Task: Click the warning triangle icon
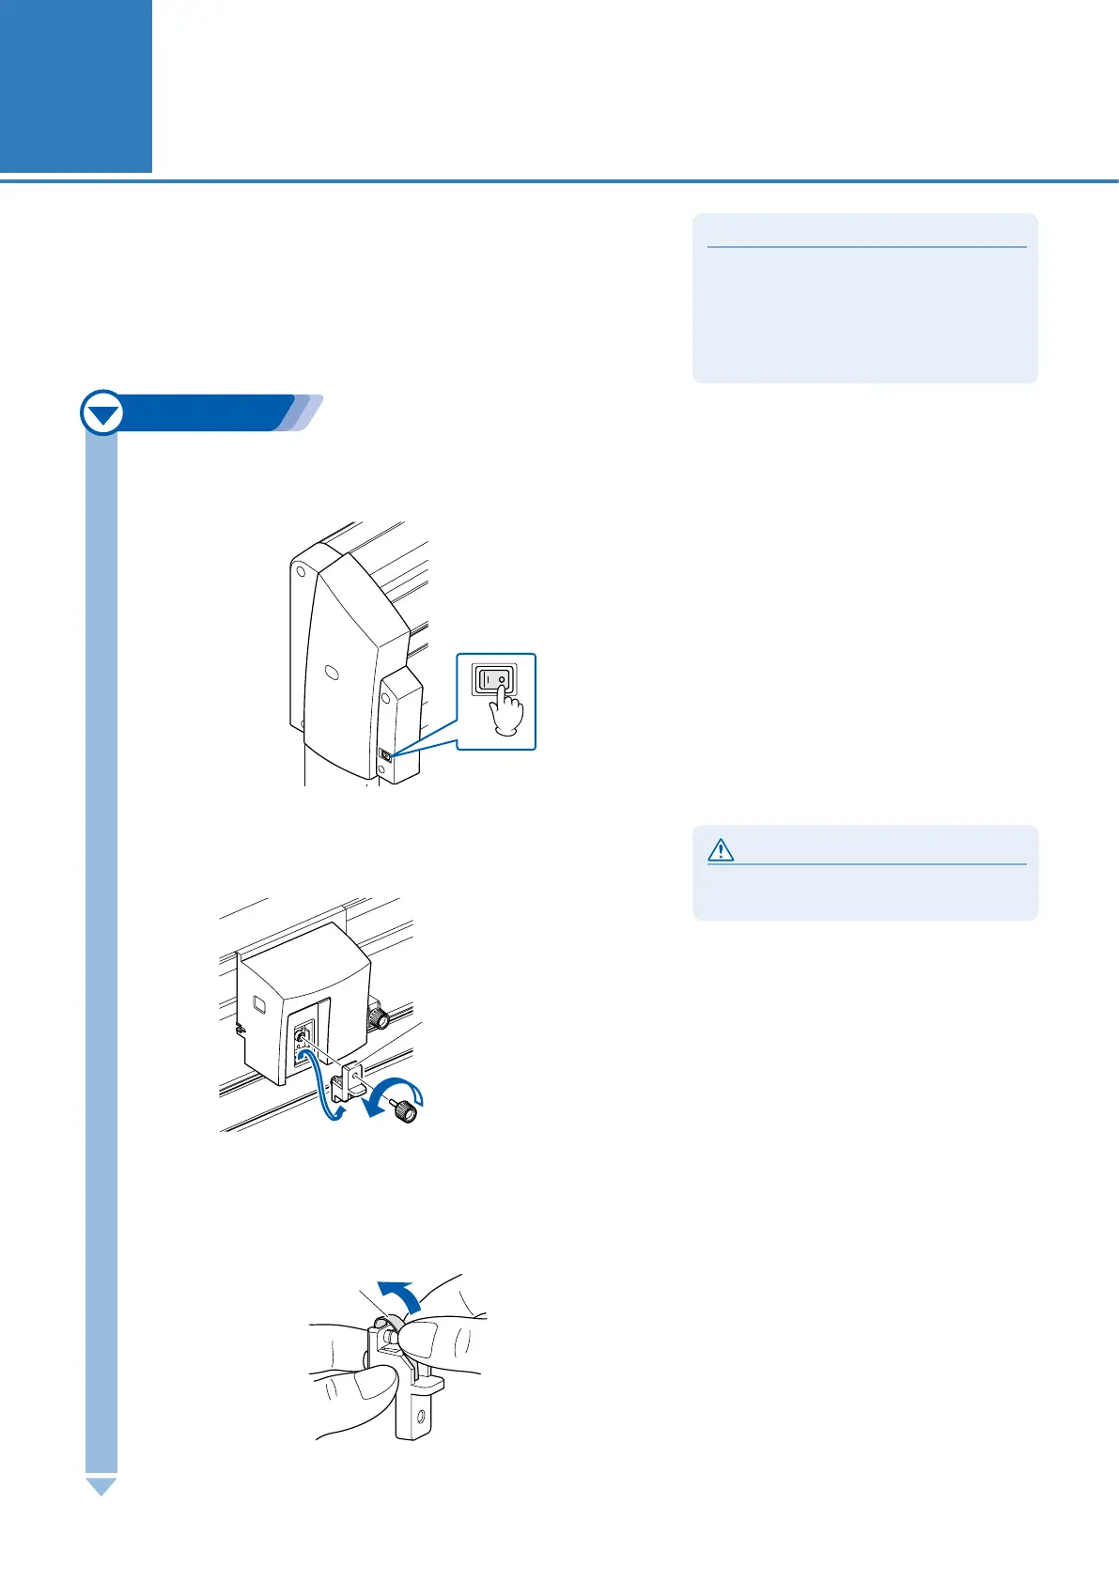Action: coord(721,850)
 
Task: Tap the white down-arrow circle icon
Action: coord(102,413)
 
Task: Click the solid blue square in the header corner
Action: coord(75,85)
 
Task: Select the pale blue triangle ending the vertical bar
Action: coord(101,1486)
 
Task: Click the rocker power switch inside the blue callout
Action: coord(495,678)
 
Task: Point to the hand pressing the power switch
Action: coord(507,715)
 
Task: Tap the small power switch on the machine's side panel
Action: coord(386,754)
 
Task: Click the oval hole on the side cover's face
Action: coord(330,673)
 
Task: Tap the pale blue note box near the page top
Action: coord(864,298)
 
